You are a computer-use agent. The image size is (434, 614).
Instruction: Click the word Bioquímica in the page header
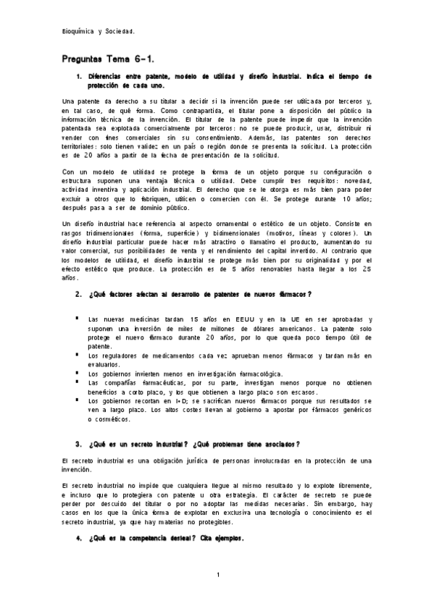pyautogui.click(x=78, y=32)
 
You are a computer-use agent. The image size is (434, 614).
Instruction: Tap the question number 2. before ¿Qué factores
pyautogui.click(x=78, y=294)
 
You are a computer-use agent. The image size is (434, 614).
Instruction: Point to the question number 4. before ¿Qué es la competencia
pyautogui.click(x=78, y=539)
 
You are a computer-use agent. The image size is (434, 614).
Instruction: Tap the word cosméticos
pyautogui.click(x=109, y=419)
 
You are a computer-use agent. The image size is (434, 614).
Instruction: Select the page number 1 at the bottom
pyautogui.click(x=217, y=575)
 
